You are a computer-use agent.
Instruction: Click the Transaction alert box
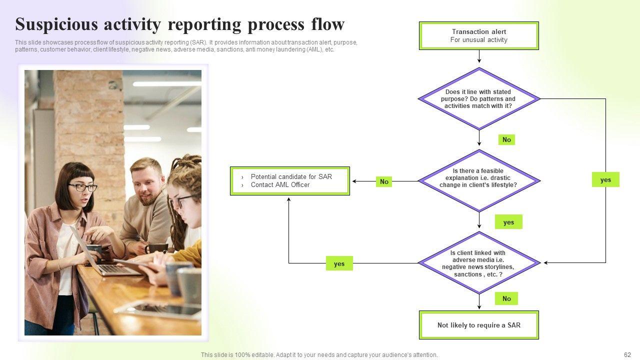point(479,35)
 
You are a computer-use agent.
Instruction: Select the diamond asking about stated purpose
point(479,99)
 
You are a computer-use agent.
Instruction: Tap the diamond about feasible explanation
point(479,181)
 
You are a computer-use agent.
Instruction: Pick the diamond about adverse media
point(479,263)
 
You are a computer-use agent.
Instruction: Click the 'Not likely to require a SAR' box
point(479,325)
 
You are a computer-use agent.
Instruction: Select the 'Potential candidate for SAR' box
point(290,181)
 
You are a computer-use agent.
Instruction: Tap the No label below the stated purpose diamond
point(506,139)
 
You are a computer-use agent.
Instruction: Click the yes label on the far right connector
point(605,179)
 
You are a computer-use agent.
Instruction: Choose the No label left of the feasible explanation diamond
point(384,181)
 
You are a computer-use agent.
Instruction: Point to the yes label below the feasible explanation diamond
point(508,222)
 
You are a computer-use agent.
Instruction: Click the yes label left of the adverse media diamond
point(339,263)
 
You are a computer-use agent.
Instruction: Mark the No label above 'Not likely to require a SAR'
point(506,298)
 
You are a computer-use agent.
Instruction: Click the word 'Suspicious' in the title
point(56,24)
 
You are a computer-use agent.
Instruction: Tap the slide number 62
point(627,354)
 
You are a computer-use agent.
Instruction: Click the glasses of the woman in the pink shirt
point(82,187)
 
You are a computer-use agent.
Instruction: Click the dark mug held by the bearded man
point(156,248)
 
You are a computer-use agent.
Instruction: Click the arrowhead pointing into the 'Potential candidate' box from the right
point(354,181)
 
